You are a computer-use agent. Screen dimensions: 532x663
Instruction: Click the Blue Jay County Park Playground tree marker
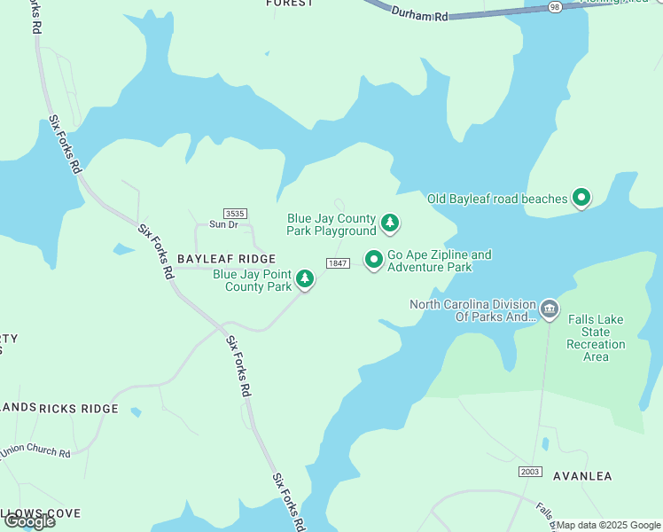(389, 223)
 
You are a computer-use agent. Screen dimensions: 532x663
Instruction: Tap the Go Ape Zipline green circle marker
(374, 259)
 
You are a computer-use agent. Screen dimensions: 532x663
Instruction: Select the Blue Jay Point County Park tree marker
(305, 279)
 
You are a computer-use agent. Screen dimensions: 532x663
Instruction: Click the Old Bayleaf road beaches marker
(581, 198)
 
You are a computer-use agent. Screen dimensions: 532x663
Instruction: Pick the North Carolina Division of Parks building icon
(550, 309)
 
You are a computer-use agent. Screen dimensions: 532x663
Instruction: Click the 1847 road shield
(337, 263)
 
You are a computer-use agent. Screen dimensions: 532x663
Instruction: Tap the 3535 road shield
(235, 214)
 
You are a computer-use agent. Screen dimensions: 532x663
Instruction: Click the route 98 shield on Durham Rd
(555, 6)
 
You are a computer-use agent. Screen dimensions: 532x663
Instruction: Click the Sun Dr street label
(223, 224)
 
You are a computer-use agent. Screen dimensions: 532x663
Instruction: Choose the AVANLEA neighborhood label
(582, 476)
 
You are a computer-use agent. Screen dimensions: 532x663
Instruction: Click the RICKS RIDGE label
(78, 409)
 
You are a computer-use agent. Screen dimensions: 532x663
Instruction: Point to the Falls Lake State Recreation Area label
(596, 338)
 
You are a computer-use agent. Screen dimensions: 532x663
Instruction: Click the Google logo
(29, 521)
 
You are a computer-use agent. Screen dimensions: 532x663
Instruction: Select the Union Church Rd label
(35, 452)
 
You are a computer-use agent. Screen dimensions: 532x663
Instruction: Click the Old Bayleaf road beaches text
(497, 199)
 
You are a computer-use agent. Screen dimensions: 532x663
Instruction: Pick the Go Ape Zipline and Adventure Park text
(440, 261)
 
